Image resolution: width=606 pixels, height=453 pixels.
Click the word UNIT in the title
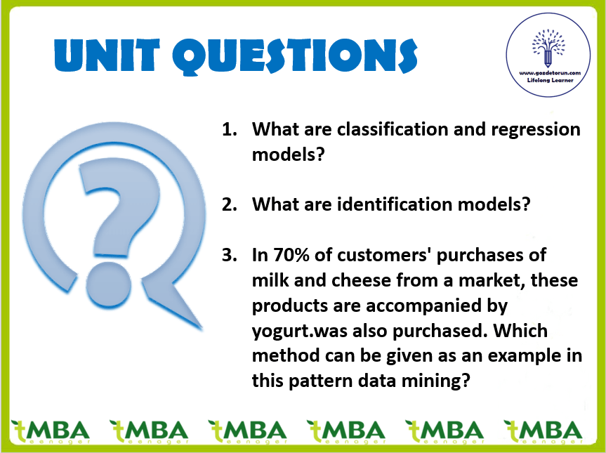click(107, 55)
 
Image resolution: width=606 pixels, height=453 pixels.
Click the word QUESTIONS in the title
click(295, 56)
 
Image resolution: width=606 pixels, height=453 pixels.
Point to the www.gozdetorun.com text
click(550, 72)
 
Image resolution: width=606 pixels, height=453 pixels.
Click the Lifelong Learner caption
click(550, 80)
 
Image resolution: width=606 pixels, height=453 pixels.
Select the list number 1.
click(229, 129)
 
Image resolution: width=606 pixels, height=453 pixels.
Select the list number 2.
click(229, 204)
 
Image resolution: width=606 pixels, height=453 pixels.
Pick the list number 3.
click(229, 255)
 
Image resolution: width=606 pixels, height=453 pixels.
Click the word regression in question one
click(536, 130)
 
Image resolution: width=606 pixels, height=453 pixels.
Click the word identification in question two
click(395, 204)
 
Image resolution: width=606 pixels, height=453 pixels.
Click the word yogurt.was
click(300, 331)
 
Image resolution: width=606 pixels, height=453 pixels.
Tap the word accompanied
click(436, 306)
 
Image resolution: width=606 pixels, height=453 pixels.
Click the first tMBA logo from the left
click(51, 432)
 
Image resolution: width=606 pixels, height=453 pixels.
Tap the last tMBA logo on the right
click(544, 432)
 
